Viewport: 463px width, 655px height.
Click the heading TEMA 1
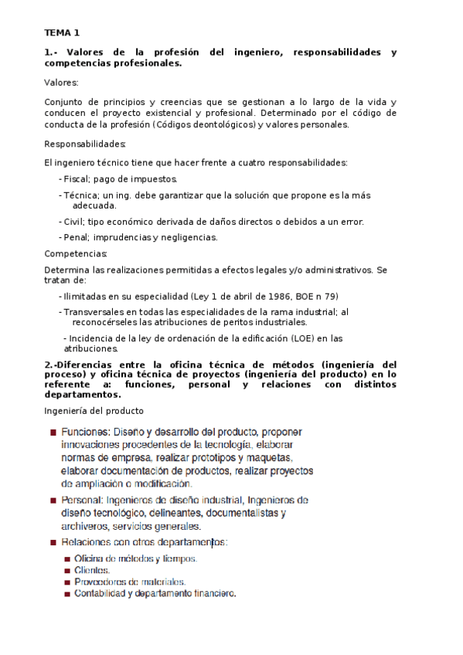[x=62, y=33]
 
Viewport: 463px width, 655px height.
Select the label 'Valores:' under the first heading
[x=61, y=82]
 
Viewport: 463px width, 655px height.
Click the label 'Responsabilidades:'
[x=84, y=144]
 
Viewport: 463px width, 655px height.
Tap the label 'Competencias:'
[x=76, y=253]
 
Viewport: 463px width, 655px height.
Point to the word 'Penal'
[x=76, y=237]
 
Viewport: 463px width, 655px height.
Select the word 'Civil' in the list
[x=74, y=222]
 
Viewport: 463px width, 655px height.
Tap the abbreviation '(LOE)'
[x=304, y=338]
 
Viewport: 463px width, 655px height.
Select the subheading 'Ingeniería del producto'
[x=94, y=410]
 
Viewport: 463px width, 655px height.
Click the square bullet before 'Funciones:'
[x=53, y=433]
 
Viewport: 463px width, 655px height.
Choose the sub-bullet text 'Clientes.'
[x=92, y=570]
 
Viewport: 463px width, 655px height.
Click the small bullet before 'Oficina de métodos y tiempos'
[x=68, y=558]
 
